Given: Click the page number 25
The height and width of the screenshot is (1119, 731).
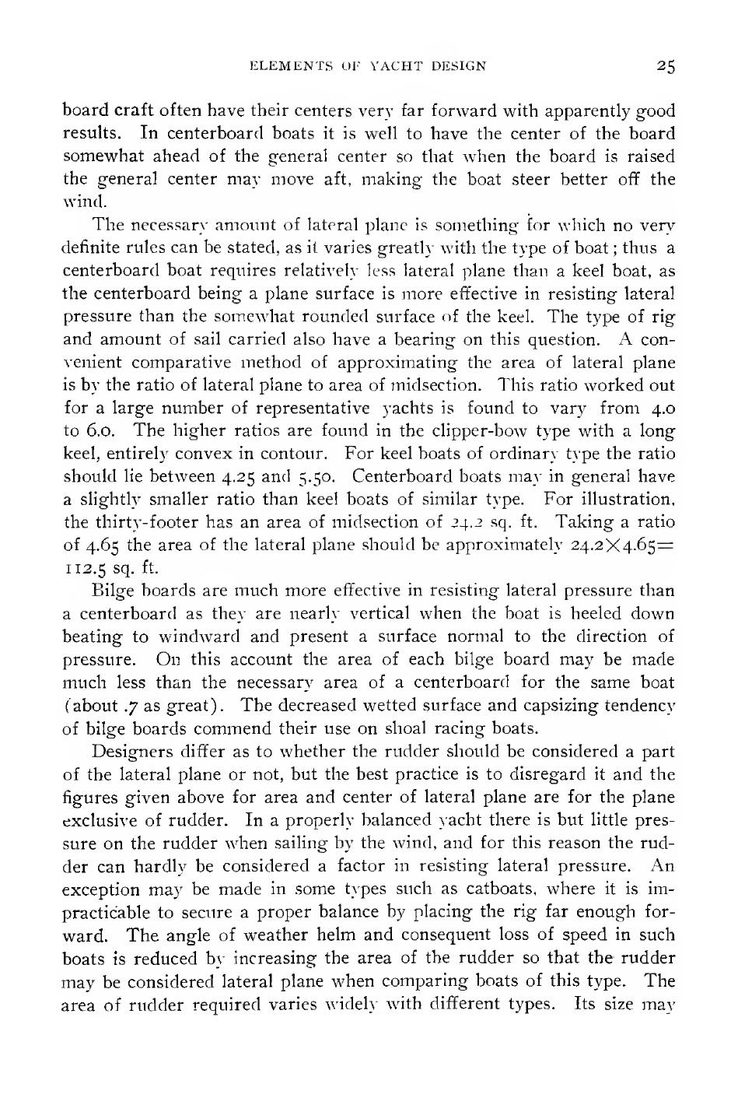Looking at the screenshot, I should click(x=664, y=67).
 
